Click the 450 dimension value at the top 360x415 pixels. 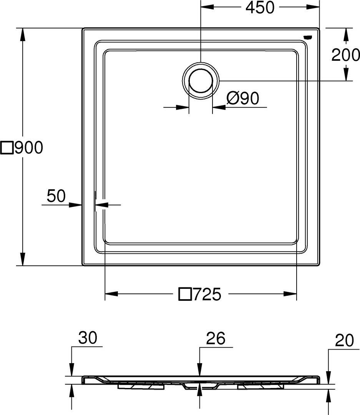click(260, 8)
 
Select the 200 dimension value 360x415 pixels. click(346, 55)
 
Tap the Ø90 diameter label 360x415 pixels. click(242, 98)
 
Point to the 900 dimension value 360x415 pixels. click(29, 148)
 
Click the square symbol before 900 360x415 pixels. click(7, 148)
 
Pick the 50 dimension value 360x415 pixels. click(56, 196)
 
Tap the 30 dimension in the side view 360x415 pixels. click(88, 338)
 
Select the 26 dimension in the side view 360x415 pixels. click(216, 338)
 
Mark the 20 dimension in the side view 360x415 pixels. click(344, 342)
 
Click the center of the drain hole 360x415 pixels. click(201, 80)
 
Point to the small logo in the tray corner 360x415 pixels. click(308, 37)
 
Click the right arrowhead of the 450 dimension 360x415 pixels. click(314, 7)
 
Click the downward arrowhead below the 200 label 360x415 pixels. click(346, 74)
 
